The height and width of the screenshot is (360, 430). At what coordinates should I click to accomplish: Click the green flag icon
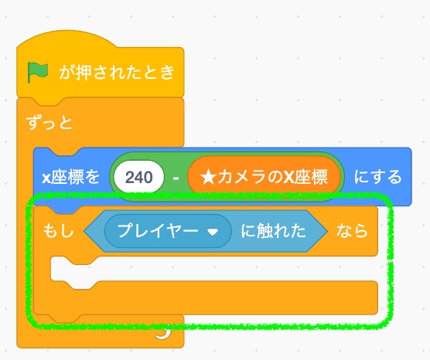click(x=38, y=72)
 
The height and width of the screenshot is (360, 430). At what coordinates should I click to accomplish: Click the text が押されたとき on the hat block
click(x=117, y=73)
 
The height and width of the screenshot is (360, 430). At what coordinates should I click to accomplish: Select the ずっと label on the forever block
click(x=49, y=122)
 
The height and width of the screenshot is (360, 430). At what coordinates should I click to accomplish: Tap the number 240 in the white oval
click(x=138, y=177)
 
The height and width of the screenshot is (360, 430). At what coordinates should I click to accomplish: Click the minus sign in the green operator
click(x=176, y=178)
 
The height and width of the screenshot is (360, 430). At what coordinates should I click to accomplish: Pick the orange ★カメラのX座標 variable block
click(x=264, y=177)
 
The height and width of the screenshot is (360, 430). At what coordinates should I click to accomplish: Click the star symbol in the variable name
click(x=209, y=177)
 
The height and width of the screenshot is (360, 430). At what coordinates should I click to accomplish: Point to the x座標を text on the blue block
click(x=70, y=177)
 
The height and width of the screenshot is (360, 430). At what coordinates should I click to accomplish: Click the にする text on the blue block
click(x=378, y=177)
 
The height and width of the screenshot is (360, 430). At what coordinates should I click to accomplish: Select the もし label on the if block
click(x=59, y=230)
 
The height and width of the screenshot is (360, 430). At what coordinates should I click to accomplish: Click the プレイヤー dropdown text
click(x=158, y=231)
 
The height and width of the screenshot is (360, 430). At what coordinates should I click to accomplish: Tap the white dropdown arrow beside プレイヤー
click(x=213, y=232)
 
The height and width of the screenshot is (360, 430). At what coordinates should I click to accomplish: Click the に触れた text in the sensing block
click(x=273, y=231)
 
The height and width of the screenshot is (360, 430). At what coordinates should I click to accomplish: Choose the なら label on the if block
click(x=352, y=230)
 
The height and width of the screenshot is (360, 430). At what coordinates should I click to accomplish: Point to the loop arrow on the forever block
click(x=165, y=332)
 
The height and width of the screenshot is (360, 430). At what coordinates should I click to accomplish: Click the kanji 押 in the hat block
click(x=84, y=73)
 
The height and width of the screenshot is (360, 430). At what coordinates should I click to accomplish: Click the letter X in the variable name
click(x=288, y=177)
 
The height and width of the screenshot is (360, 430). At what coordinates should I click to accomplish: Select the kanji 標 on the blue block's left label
click(x=76, y=177)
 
